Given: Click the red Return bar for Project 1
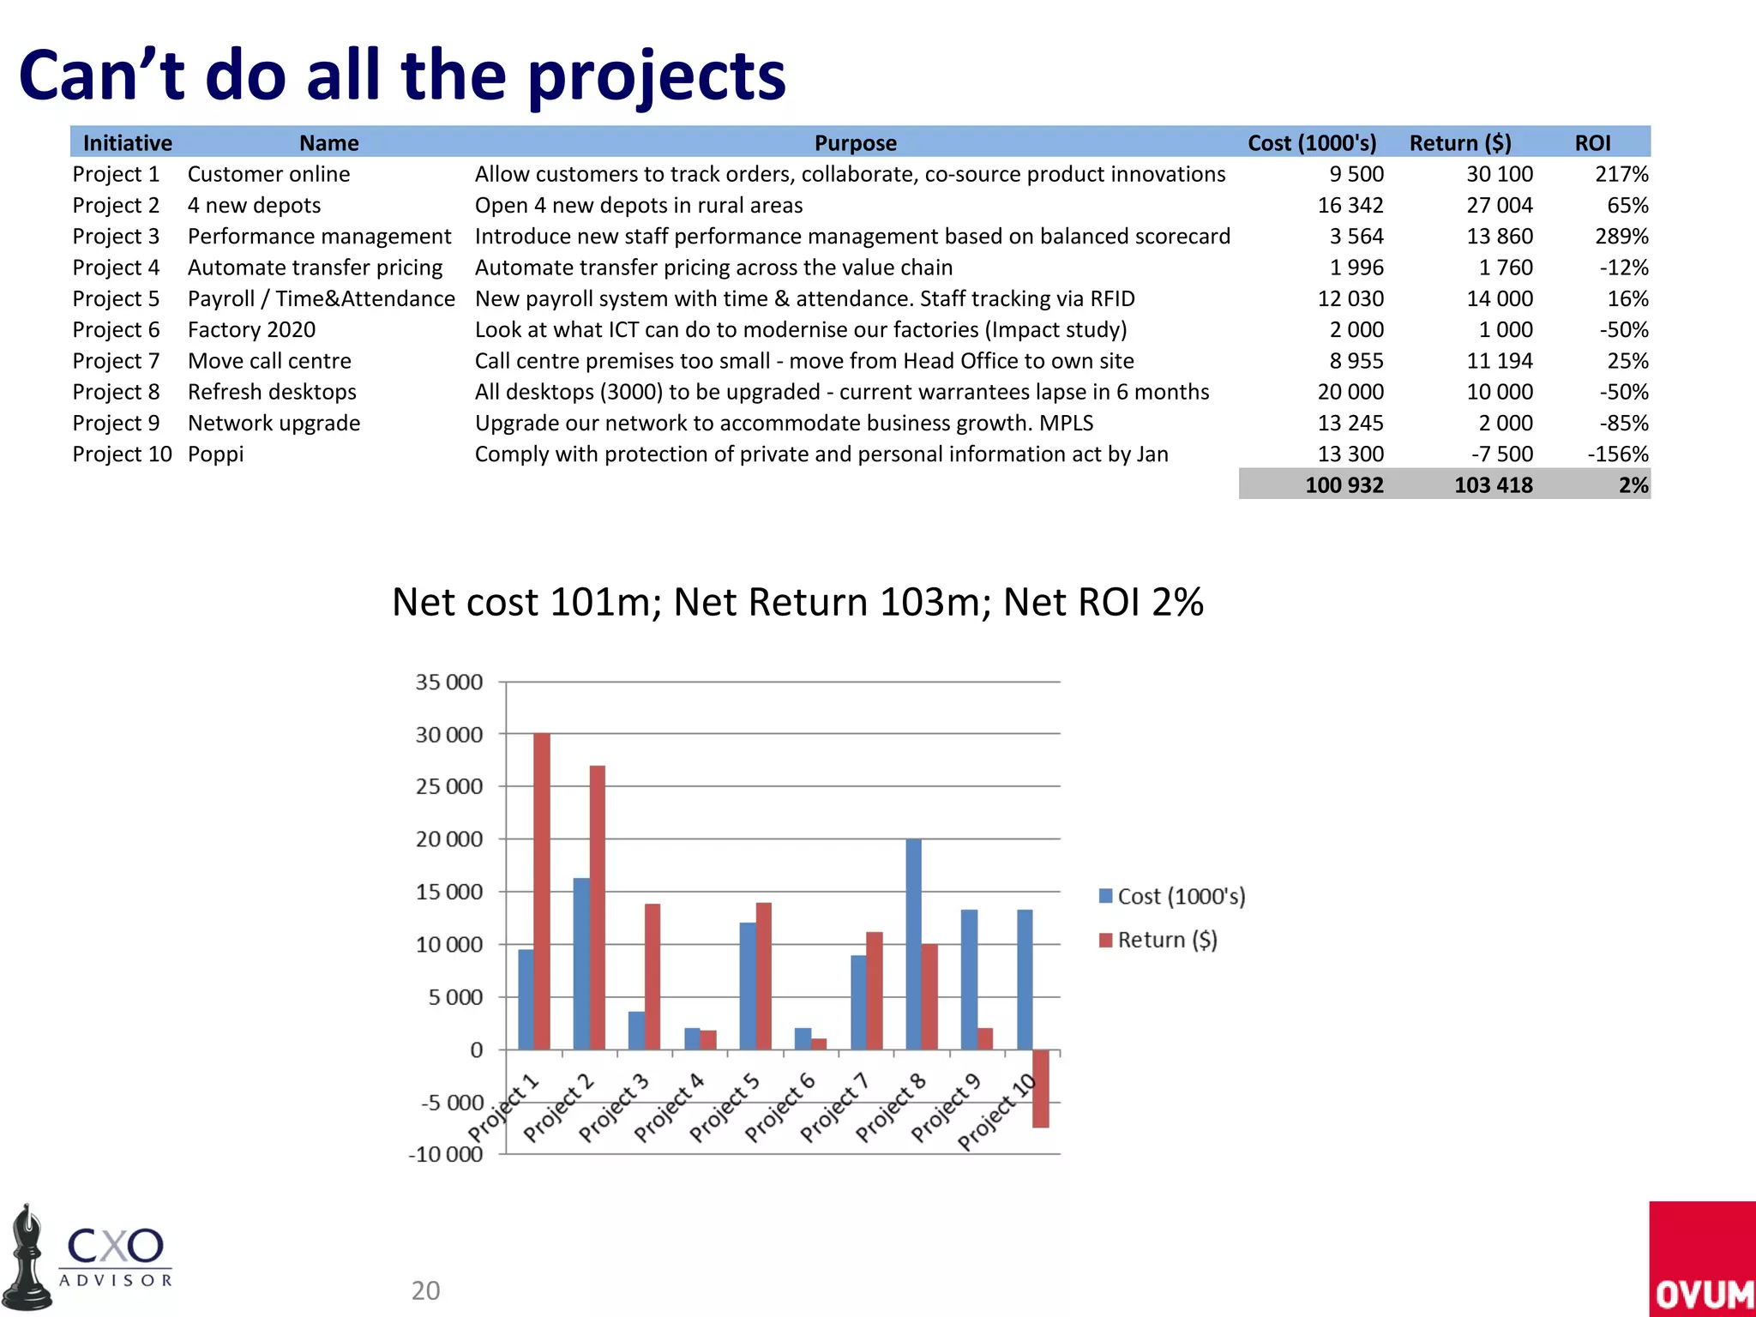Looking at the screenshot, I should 542,892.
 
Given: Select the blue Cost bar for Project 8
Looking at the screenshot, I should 914,944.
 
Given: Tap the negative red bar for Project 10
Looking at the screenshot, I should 1041,1088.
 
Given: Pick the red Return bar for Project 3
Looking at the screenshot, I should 652,977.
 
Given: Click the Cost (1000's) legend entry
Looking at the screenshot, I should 1172,896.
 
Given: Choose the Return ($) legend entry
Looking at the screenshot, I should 1158,940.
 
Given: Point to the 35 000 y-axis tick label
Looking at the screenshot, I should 449,683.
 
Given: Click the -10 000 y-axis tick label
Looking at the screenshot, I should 445,1154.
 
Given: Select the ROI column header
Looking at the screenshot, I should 1592,143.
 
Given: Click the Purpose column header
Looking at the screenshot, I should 855,143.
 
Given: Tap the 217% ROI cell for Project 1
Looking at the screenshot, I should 1621,174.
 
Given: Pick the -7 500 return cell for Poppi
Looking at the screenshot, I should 1502,454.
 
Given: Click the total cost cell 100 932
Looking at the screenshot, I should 1344,485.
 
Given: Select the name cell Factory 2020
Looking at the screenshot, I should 251,329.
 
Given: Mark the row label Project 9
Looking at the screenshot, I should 116,423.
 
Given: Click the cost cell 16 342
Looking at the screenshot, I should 1350,205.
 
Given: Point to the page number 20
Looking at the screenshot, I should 425,1290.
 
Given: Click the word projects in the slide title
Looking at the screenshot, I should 656,75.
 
